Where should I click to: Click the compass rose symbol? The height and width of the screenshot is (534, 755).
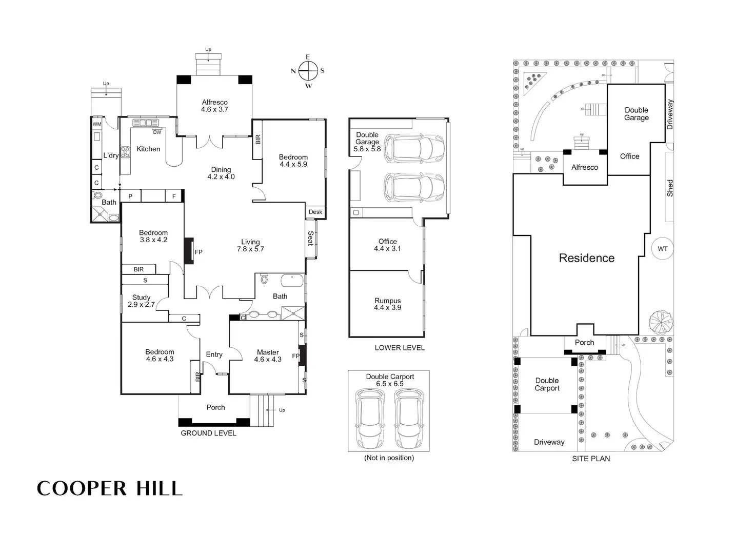(x=308, y=71)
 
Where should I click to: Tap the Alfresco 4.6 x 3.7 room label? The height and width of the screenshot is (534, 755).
(x=214, y=106)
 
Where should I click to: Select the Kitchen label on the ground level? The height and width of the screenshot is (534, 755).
(x=148, y=149)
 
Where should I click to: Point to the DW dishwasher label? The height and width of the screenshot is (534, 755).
(x=157, y=132)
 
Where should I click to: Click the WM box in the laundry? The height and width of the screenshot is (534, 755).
(x=97, y=124)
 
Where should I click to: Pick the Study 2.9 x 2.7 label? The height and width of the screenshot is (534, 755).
(x=141, y=301)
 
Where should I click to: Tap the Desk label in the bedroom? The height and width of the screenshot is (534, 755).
(x=315, y=212)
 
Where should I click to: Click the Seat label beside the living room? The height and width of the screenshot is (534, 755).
(x=310, y=239)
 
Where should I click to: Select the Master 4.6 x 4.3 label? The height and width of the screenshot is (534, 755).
(x=268, y=355)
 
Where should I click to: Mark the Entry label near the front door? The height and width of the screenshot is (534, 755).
(x=214, y=354)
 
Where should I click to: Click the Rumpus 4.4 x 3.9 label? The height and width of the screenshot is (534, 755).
(x=387, y=304)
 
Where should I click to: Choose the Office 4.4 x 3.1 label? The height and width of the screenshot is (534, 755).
(x=387, y=245)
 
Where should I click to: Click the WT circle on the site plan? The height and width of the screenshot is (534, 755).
(x=663, y=249)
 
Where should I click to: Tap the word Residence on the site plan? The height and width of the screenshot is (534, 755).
(x=586, y=258)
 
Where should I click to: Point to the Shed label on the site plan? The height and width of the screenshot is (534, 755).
(x=670, y=188)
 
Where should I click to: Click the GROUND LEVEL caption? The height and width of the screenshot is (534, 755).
(x=208, y=433)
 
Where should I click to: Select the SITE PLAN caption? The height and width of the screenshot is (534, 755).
(x=591, y=459)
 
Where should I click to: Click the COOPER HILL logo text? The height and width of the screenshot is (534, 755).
(x=110, y=488)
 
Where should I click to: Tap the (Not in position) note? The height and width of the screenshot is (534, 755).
(x=389, y=458)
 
